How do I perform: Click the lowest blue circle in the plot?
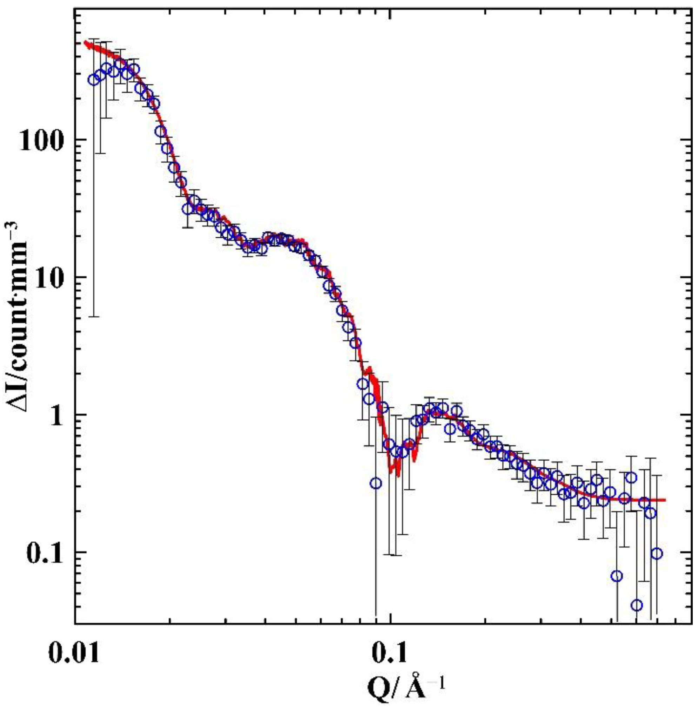click(637, 605)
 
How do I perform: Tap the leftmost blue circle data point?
click(93, 80)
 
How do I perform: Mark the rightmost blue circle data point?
click(657, 564)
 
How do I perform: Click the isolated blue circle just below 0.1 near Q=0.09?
click(376, 483)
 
